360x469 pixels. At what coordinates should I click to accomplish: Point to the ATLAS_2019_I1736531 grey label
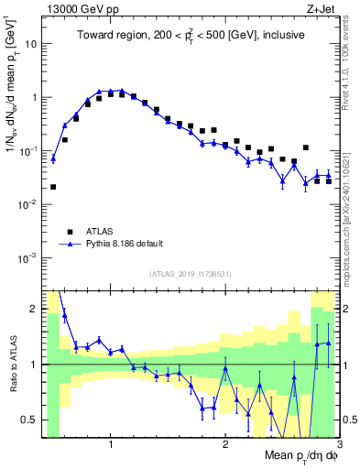[x=188, y=274]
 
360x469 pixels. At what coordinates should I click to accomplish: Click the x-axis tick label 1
[x=111, y=444]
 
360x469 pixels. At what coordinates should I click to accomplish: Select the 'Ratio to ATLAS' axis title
[x=11, y=364]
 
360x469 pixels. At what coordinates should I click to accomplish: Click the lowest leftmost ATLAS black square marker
[x=53, y=187]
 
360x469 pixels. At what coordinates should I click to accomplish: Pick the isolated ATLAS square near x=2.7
[x=306, y=147]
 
